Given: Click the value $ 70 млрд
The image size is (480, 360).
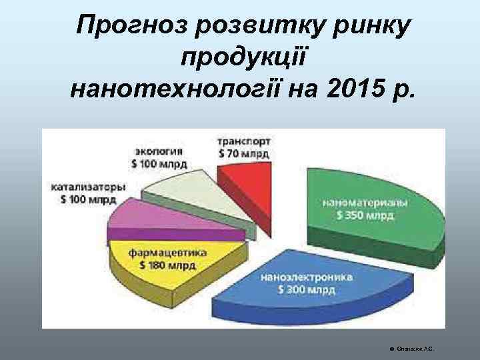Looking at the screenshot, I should [244, 153].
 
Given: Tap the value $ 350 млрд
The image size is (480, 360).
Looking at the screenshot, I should [365, 215].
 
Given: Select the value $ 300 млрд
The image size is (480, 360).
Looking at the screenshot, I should [307, 290].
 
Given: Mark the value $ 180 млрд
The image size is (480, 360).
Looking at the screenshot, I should [167, 265].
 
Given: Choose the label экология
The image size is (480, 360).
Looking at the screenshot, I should [159, 151].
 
